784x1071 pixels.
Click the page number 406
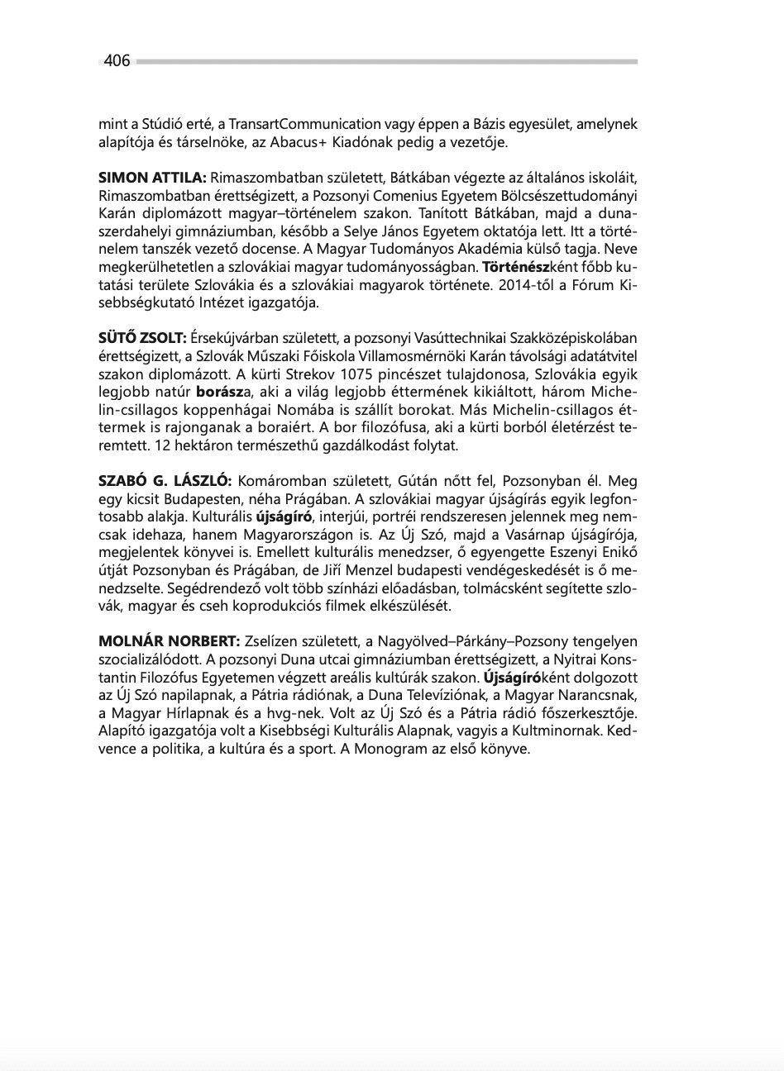[x=117, y=61]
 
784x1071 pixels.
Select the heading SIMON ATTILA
[x=152, y=178]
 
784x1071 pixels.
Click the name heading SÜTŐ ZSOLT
[x=142, y=337]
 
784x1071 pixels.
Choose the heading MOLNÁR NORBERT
[x=169, y=641]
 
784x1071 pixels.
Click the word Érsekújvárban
[x=237, y=337]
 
